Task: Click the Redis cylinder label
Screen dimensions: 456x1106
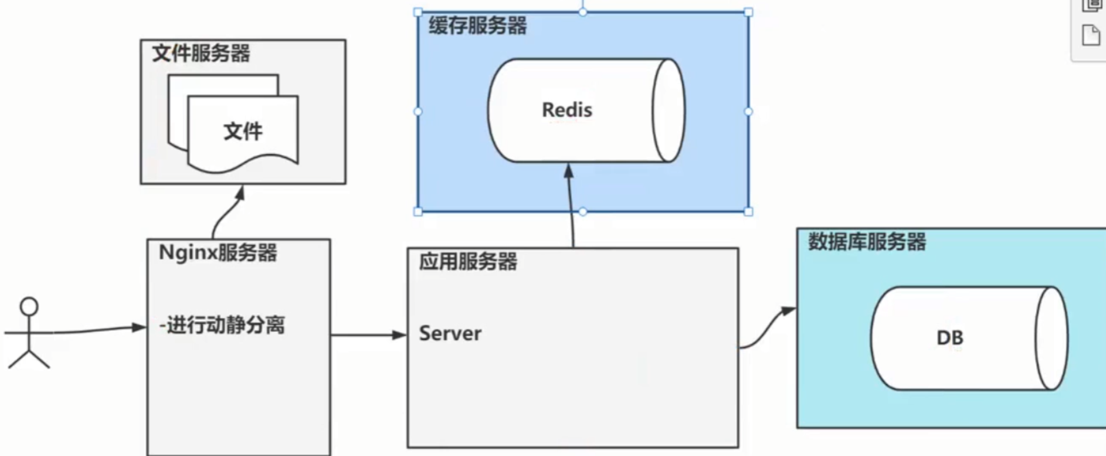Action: click(x=567, y=110)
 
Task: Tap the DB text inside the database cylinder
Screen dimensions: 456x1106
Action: click(x=950, y=338)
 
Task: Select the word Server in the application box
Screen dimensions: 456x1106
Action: click(x=450, y=334)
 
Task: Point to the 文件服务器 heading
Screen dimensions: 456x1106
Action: click(x=201, y=54)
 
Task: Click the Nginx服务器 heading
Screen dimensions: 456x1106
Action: click(x=217, y=253)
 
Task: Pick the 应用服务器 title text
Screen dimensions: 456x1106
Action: click(x=468, y=262)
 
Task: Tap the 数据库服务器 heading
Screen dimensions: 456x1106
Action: click(x=867, y=242)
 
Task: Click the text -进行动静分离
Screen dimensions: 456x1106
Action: click(x=222, y=325)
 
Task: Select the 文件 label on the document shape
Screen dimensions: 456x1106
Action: click(x=243, y=131)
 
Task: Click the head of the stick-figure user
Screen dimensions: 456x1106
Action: click(x=29, y=306)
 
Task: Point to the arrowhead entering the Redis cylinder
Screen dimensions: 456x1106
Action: click(x=569, y=171)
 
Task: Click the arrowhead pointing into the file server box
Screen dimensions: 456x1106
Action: click(x=240, y=192)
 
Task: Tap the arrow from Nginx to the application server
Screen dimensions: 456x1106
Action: click(x=369, y=335)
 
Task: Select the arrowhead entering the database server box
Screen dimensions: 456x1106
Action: click(x=788, y=311)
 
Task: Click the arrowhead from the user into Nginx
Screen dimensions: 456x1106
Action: click(x=139, y=328)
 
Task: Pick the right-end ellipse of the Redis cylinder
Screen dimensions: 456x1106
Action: click(x=668, y=110)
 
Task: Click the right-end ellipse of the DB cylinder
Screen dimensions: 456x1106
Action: click(x=1051, y=338)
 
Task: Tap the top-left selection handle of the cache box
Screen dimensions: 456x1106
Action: click(x=418, y=12)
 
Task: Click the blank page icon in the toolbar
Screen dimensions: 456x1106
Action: click(x=1091, y=36)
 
